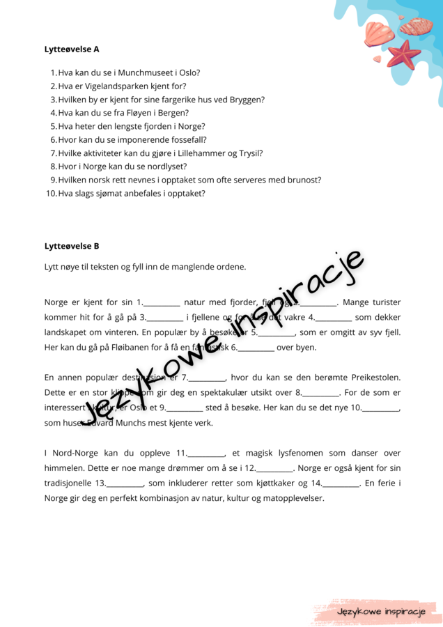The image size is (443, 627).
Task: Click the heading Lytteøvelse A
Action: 72,49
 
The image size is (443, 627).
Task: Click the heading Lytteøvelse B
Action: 72,246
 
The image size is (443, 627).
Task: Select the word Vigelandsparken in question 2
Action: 116,86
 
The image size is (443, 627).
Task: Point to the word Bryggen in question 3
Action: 244,99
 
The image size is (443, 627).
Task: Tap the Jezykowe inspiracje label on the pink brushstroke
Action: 380,612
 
